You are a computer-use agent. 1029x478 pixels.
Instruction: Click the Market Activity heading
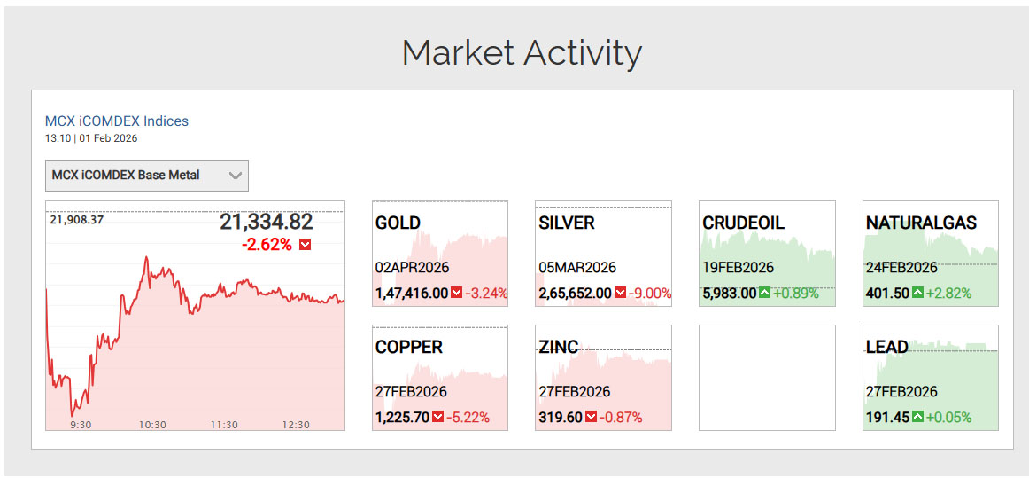pyautogui.click(x=522, y=53)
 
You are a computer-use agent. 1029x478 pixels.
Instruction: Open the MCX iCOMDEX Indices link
pyautogui.click(x=117, y=121)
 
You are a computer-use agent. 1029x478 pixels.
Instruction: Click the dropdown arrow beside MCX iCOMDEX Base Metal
pyautogui.click(x=235, y=176)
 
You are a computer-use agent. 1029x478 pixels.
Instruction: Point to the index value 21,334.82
pyautogui.click(x=266, y=223)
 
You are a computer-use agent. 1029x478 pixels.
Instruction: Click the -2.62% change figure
pyautogui.click(x=267, y=244)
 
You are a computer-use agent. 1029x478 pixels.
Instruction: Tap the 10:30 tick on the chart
pyautogui.click(x=152, y=425)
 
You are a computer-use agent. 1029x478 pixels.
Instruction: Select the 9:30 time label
pyautogui.click(x=81, y=425)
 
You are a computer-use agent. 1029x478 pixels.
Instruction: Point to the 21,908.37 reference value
pyautogui.click(x=77, y=220)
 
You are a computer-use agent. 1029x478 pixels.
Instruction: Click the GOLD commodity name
pyautogui.click(x=398, y=223)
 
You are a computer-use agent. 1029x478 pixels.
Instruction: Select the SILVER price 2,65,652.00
pyautogui.click(x=575, y=294)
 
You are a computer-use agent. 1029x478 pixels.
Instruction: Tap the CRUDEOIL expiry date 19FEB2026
pyautogui.click(x=739, y=268)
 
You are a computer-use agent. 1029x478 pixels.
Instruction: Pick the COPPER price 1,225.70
pyautogui.click(x=402, y=418)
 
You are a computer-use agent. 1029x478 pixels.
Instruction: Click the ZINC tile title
pyautogui.click(x=558, y=347)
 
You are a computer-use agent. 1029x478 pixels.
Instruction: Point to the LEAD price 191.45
pyautogui.click(x=886, y=418)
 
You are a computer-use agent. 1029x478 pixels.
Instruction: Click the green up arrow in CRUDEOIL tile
pyautogui.click(x=765, y=293)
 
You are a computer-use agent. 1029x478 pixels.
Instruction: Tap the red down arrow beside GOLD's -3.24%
pyautogui.click(x=457, y=293)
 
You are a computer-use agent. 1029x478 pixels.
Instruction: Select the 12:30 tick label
pyautogui.click(x=296, y=425)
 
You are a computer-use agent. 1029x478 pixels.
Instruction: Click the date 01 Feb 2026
pyautogui.click(x=108, y=138)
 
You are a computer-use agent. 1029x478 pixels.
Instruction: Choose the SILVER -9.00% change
pyautogui.click(x=650, y=294)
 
